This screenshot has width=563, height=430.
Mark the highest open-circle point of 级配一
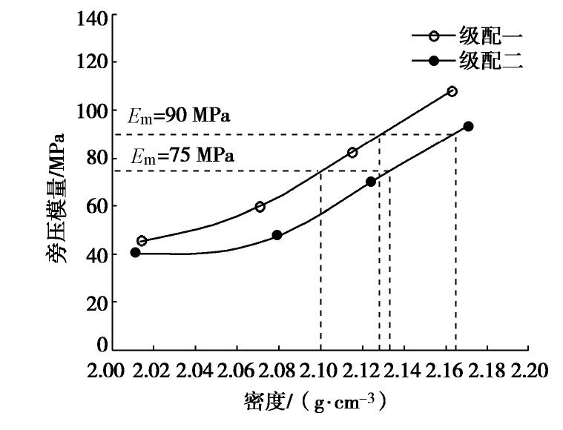pyautogui.click(x=452, y=91)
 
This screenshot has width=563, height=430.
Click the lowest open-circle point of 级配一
pyautogui.click(x=142, y=241)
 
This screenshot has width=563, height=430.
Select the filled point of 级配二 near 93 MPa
pyautogui.click(x=468, y=127)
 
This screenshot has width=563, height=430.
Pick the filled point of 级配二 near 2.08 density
pyautogui.click(x=277, y=235)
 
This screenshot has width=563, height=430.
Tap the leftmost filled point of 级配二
pyautogui.click(x=135, y=252)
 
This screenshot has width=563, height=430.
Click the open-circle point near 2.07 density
pyautogui.click(x=260, y=207)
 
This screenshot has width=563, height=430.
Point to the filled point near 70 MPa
pyautogui.click(x=371, y=182)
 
